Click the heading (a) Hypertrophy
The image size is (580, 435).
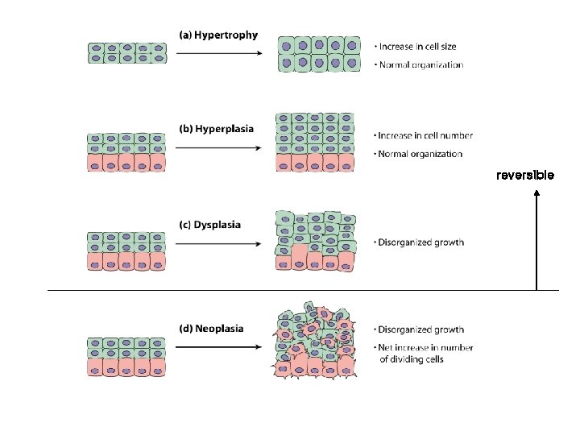point(218,35)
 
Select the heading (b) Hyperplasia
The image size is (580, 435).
point(216,129)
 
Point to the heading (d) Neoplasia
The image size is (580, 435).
point(211,329)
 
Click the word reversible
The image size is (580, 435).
point(524,175)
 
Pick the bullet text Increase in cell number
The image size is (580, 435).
point(425,135)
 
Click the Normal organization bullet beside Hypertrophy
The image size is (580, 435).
point(420,65)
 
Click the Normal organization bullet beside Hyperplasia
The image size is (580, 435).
point(420,154)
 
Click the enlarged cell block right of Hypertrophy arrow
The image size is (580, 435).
point(317,54)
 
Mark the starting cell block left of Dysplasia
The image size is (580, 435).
point(126,251)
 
